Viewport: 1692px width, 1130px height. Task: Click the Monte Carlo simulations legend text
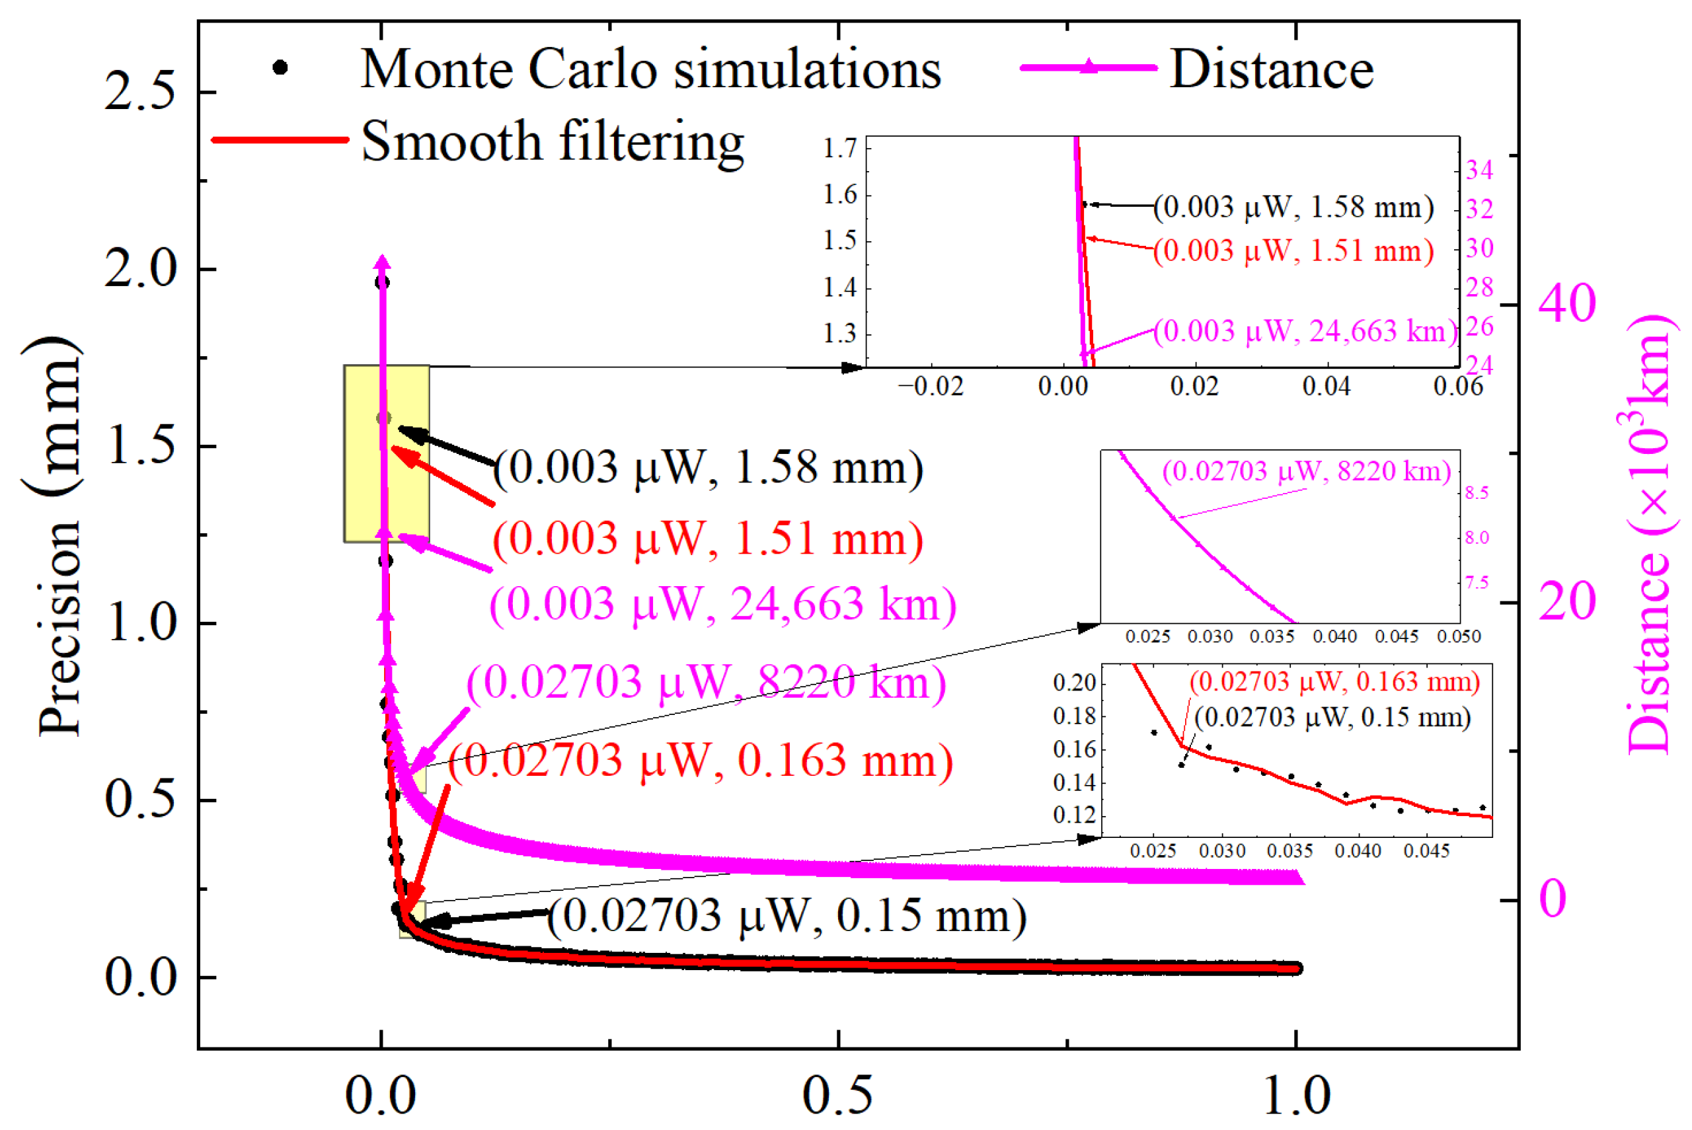coord(651,70)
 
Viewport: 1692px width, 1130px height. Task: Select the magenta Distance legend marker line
coord(1088,68)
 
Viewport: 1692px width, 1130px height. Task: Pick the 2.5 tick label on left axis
coord(140,93)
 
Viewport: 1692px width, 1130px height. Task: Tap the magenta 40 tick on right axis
coord(1566,303)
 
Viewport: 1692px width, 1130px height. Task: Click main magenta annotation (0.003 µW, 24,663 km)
coord(723,604)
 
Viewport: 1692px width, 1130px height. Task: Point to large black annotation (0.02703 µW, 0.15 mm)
coord(787,916)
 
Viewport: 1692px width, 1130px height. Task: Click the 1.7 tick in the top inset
coord(840,149)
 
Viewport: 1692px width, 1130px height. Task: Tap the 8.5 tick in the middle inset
coord(1477,494)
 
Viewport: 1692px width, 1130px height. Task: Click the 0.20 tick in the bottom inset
coord(1074,682)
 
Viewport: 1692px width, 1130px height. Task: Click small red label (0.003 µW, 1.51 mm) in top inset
coord(1293,251)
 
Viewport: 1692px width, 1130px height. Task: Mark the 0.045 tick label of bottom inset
coord(1426,851)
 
